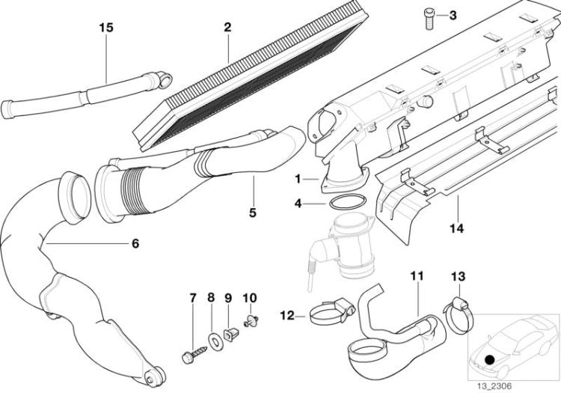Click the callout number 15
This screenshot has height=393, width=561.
click(x=106, y=27)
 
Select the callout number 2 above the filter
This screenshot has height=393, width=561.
click(x=227, y=27)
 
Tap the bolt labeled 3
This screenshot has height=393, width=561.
click(x=429, y=19)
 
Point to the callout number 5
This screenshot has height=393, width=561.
click(x=253, y=213)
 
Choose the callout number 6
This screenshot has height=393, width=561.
click(x=135, y=244)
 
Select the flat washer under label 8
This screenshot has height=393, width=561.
click(x=215, y=341)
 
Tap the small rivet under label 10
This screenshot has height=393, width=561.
click(x=251, y=320)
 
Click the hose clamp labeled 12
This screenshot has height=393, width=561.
click(x=332, y=312)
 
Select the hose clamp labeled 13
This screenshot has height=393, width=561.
click(x=459, y=315)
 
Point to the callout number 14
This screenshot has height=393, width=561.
click(x=457, y=228)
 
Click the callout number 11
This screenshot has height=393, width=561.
click(x=417, y=276)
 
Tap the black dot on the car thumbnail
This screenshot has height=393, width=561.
click(x=489, y=359)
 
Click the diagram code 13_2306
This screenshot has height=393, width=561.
click(x=494, y=386)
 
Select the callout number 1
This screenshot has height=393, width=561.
click(x=297, y=179)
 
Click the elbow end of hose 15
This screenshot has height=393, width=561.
click(x=162, y=79)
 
